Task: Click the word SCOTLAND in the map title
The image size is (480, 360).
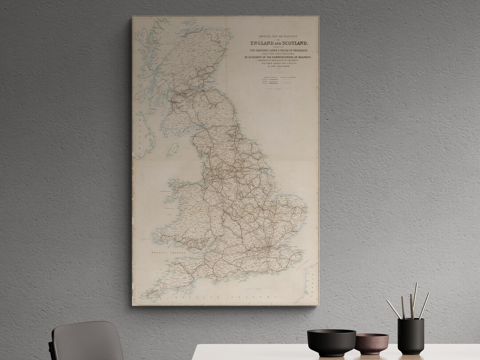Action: [291, 43]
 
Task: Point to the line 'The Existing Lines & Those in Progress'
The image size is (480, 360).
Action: [276, 50]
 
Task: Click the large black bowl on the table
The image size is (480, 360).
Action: [331, 342]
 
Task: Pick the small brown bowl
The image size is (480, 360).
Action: [372, 343]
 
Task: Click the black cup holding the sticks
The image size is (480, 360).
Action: [410, 336]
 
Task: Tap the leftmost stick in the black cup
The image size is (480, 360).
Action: [393, 309]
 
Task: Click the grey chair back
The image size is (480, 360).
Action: [87, 342]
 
